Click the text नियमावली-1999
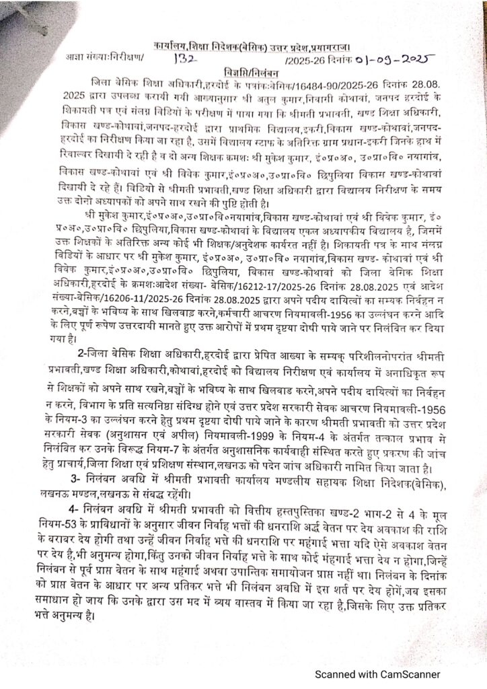click(x=212, y=419)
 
